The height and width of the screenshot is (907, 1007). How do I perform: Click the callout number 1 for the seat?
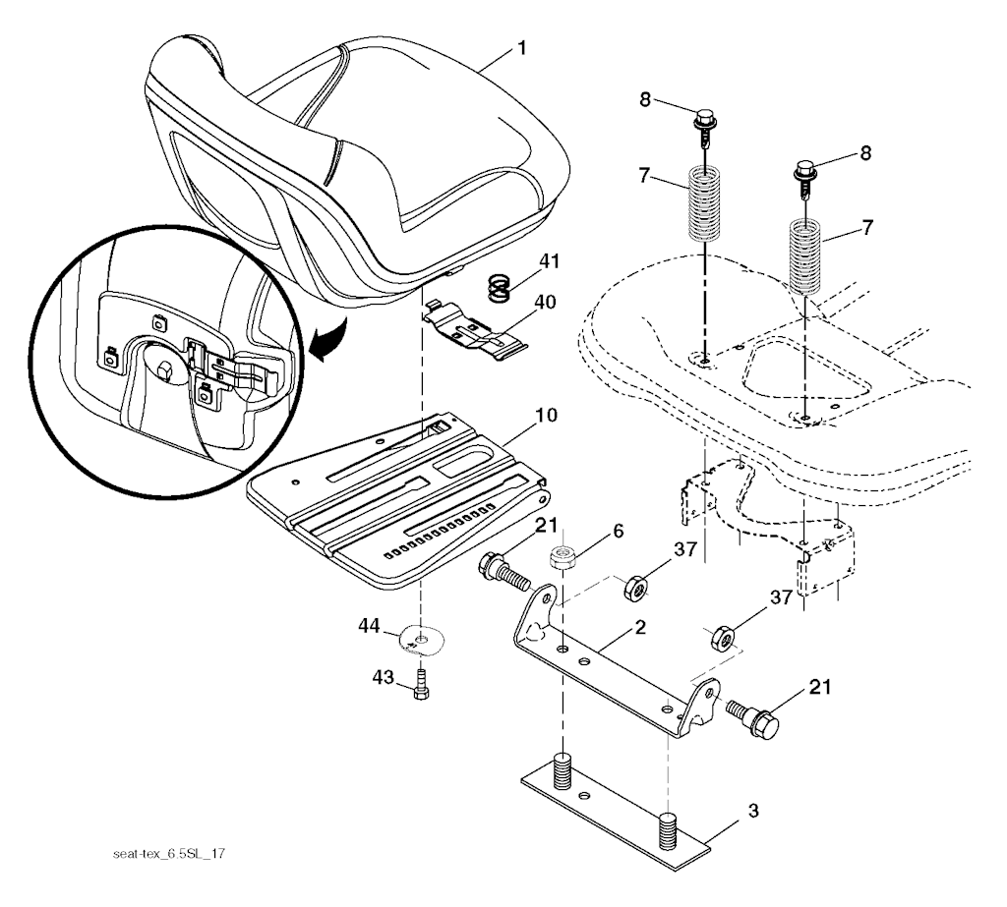pyautogui.click(x=520, y=47)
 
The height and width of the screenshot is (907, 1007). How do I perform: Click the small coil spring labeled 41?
pyautogui.click(x=503, y=288)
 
